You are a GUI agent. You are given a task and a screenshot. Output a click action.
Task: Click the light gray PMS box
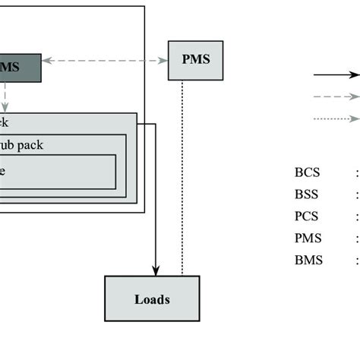[x=195, y=60]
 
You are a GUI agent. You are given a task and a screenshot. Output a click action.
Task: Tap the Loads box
[x=152, y=299]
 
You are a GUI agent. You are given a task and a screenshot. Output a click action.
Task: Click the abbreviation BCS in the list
[x=308, y=172]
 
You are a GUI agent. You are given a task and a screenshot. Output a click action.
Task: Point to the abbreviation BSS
[x=308, y=194]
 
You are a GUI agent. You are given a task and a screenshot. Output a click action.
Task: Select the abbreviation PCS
[x=308, y=216]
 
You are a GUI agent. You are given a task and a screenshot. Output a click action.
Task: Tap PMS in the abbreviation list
[x=308, y=238]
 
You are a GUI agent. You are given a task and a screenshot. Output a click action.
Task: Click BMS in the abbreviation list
[x=308, y=261]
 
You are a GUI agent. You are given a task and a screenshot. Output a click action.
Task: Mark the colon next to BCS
[x=356, y=173]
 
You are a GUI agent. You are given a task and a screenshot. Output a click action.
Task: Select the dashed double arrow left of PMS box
[x=105, y=60]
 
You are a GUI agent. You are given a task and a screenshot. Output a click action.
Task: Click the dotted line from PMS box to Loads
[x=182, y=175]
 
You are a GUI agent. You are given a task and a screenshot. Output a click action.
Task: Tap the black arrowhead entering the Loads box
[x=156, y=270]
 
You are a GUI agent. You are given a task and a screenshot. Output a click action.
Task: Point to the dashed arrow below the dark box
[x=5, y=97]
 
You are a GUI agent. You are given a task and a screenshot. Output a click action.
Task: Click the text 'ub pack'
[x=23, y=144]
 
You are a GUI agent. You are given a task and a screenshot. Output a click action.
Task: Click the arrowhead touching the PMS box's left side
[x=163, y=60]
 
